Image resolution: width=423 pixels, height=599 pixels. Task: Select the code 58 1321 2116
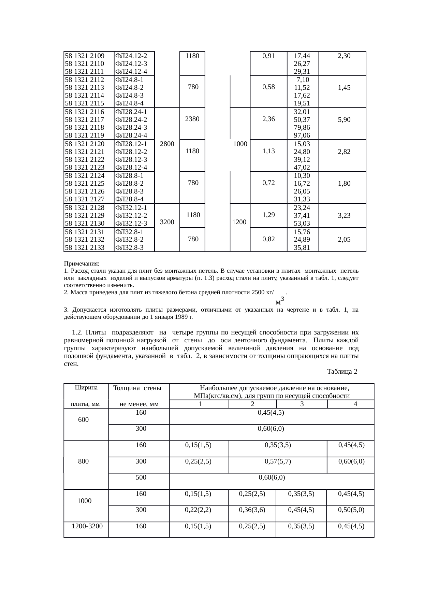click(x=85, y=112)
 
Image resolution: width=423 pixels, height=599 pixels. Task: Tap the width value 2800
click(x=167, y=144)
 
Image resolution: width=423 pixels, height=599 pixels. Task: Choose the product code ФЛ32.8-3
click(x=129, y=248)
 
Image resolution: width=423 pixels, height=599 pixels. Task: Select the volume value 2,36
click(x=269, y=119)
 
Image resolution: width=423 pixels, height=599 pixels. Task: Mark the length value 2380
click(x=192, y=119)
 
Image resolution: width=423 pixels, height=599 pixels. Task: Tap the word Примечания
click(x=82, y=264)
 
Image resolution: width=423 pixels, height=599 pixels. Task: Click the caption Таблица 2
click(x=342, y=371)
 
